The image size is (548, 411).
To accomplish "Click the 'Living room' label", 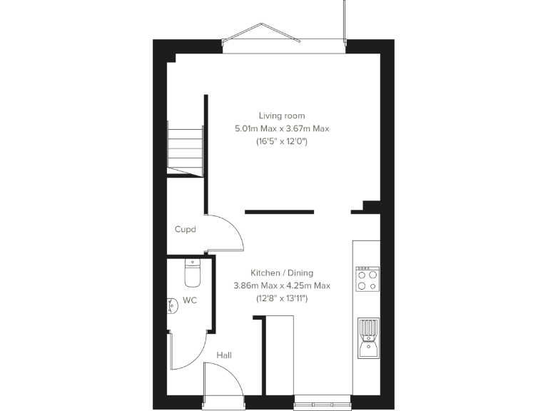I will (x=281, y=116).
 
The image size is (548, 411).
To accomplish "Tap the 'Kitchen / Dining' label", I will (x=281, y=273).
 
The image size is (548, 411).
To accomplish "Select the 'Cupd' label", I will (x=186, y=230).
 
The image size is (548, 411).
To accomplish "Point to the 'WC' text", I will (x=190, y=300).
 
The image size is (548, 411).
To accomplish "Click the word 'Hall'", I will (x=224, y=355).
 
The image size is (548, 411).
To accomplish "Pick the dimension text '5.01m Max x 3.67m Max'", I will (x=281, y=128).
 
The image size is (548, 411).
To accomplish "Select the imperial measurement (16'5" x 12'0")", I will (x=281, y=142).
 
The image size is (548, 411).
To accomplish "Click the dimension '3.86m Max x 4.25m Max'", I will (x=281, y=285).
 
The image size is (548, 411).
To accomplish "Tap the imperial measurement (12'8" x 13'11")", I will (x=281, y=298).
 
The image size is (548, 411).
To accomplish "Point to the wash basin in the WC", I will (x=172, y=305).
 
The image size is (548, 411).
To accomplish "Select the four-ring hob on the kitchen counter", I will (x=367, y=279).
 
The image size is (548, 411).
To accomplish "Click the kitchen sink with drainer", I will (x=367, y=338).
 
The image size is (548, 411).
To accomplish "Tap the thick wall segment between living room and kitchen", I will (x=279, y=211).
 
